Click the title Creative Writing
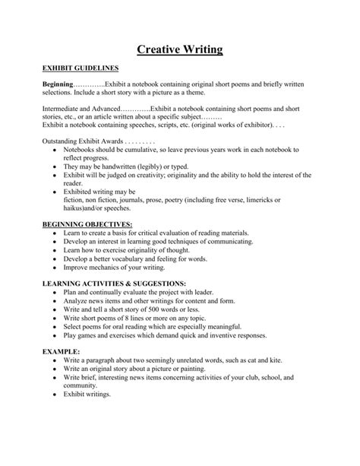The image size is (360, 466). tap(179, 51)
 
